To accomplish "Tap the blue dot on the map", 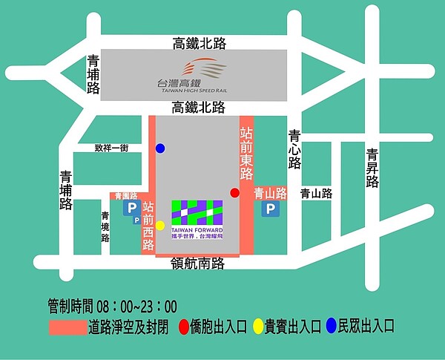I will point(160,148).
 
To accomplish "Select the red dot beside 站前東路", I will point(235,193).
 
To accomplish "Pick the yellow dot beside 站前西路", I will point(160,225).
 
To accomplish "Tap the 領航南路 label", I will point(197,263).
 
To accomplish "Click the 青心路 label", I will point(294,149).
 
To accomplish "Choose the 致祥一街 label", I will point(111,148).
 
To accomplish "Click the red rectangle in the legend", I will point(67,326).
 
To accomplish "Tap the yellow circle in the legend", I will point(258,325).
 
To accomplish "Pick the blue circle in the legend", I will point(332,325).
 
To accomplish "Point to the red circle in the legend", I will point(183,325).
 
